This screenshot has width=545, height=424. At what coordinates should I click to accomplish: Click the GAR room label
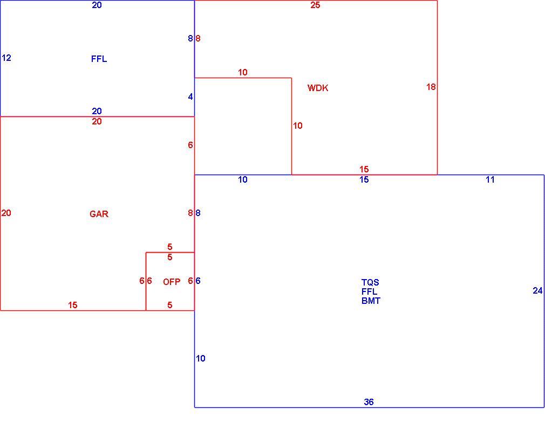tap(99, 214)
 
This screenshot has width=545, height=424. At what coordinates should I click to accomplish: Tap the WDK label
tap(318, 88)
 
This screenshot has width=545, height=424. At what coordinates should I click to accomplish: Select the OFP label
tap(172, 282)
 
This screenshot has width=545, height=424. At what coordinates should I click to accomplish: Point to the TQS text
tap(370, 282)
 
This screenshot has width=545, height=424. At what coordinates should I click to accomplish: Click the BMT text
tap(371, 301)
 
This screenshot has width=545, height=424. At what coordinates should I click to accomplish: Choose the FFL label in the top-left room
tap(99, 59)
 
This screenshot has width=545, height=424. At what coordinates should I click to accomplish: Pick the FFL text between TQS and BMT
tap(370, 291)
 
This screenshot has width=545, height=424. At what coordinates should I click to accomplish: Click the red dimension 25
tap(315, 5)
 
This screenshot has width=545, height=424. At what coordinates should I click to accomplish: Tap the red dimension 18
tap(431, 87)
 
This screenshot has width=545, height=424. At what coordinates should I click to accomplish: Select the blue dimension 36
tap(369, 402)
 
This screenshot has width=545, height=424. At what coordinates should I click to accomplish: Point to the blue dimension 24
tap(537, 290)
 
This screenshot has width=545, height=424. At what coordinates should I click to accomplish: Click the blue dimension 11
tap(490, 179)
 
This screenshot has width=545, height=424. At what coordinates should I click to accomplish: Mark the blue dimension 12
tap(6, 58)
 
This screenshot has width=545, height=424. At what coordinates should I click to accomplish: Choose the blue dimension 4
tap(190, 97)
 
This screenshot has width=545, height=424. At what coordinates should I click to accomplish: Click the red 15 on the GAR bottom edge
tap(73, 305)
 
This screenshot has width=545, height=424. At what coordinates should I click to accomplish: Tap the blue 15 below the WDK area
tap(364, 179)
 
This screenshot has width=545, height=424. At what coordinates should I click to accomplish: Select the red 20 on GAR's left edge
tap(6, 213)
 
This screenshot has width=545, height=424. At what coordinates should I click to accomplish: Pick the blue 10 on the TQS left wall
tap(201, 358)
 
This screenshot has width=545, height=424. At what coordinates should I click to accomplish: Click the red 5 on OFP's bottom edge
tap(169, 305)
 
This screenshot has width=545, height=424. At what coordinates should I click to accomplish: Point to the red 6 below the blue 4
tap(190, 145)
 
